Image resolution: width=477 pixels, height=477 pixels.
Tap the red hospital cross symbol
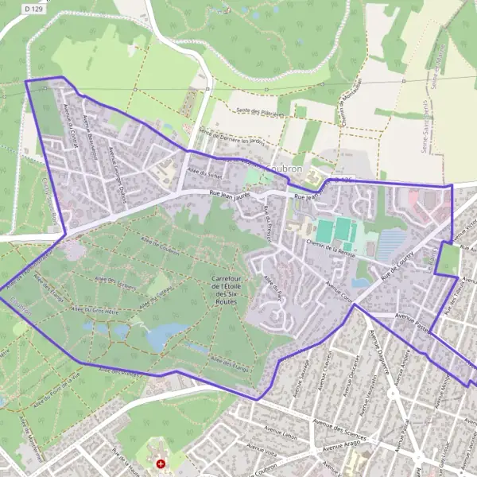point(161,463)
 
